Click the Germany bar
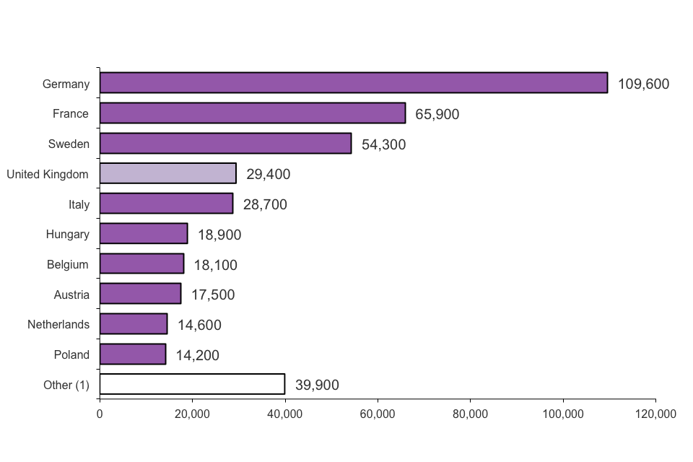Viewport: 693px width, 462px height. pos(354,83)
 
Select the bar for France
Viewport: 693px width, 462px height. pos(253,113)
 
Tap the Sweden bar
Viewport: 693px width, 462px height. pos(225,144)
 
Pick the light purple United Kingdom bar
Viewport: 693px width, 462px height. pos(167,173)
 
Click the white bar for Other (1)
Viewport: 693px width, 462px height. pos(192,384)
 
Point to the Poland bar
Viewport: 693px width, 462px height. pos(133,354)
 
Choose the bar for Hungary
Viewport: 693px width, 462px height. pos(144,234)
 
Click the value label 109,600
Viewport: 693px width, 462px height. pos(643,84)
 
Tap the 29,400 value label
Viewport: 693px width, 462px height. pos(268,174)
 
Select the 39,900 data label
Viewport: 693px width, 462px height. pos(317,385)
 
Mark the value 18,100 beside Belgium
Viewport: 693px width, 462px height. pos(215,265)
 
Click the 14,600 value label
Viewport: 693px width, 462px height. pos(199,325)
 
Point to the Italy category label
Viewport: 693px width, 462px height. pos(79,204)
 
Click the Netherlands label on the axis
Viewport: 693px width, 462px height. pos(58,324)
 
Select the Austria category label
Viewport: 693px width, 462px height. pos(71,295)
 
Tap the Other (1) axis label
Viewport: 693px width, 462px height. pos(66,385)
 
